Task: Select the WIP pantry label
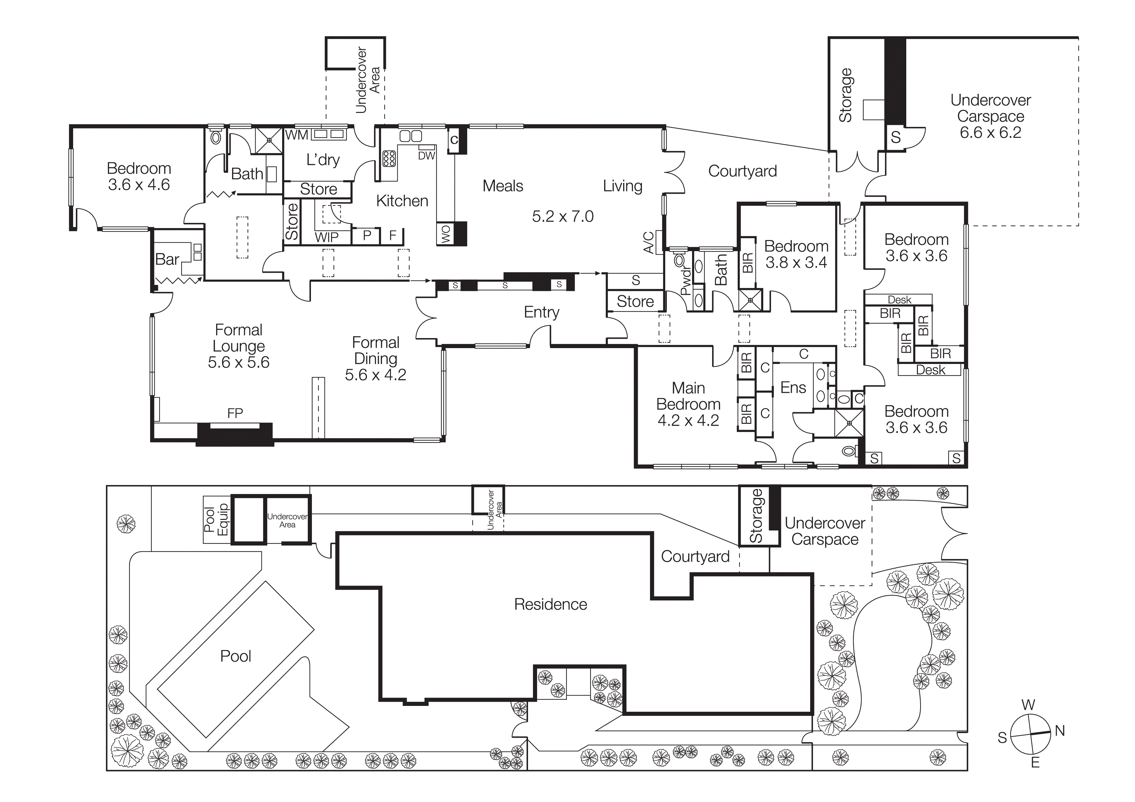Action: (327, 238)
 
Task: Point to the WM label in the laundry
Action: (297, 135)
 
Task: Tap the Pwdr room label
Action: (686, 281)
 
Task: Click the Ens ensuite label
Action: (793, 388)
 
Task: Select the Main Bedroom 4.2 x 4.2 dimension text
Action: (688, 421)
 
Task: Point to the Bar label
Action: (167, 259)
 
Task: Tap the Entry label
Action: (541, 312)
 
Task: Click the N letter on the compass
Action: (1059, 731)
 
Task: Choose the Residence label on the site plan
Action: (550, 604)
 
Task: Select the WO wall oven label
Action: (446, 234)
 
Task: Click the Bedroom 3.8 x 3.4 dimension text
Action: (796, 262)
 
